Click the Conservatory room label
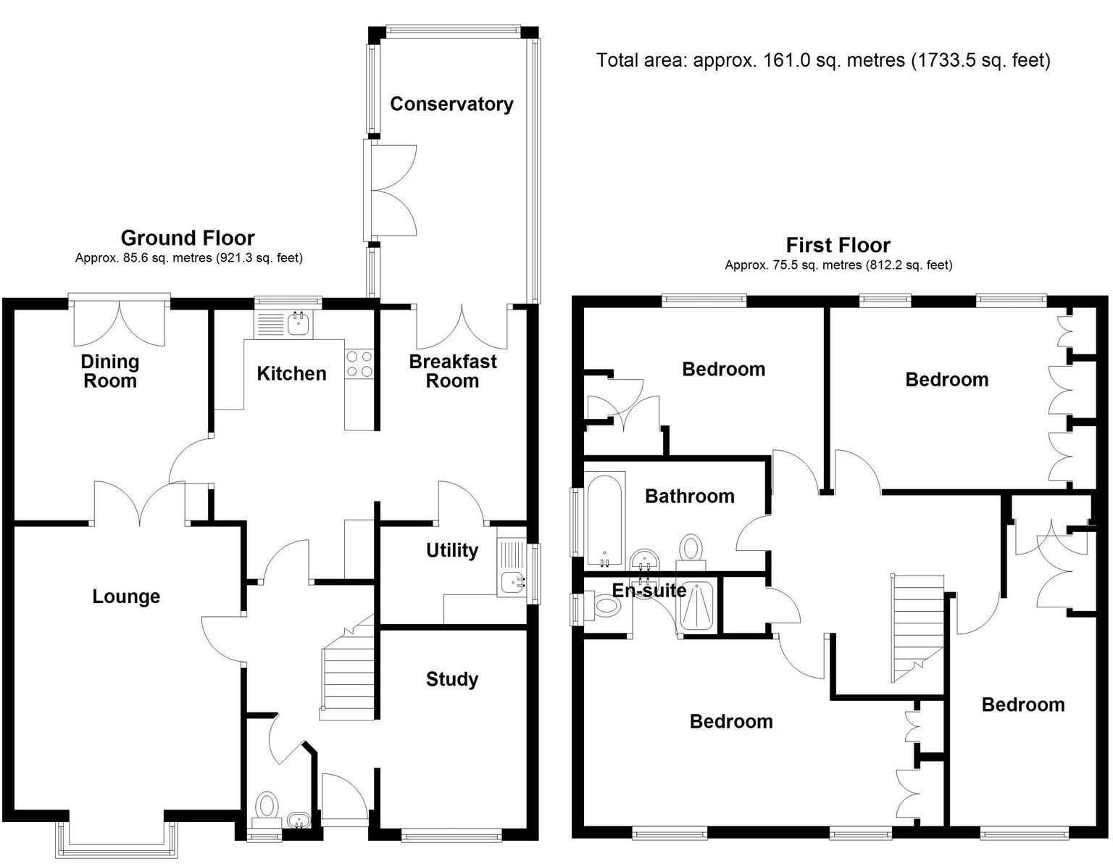pyautogui.click(x=451, y=104)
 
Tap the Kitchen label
pyautogui.click(x=291, y=374)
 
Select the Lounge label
pyautogui.click(x=126, y=597)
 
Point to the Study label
pyautogui.click(x=451, y=680)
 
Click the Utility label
pyautogui.click(x=451, y=551)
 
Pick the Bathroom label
pyautogui.click(x=689, y=497)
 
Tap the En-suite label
pyautogui.click(x=649, y=591)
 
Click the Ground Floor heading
pyautogui.click(x=188, y=238)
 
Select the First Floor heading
pyautogui.click(x=838, y=245)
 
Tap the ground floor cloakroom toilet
pyautogui.click(x=267, y=806)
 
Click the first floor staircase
pyautogui.click(x=917, y=627)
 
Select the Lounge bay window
pyautogui.click(x=117, y=841)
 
